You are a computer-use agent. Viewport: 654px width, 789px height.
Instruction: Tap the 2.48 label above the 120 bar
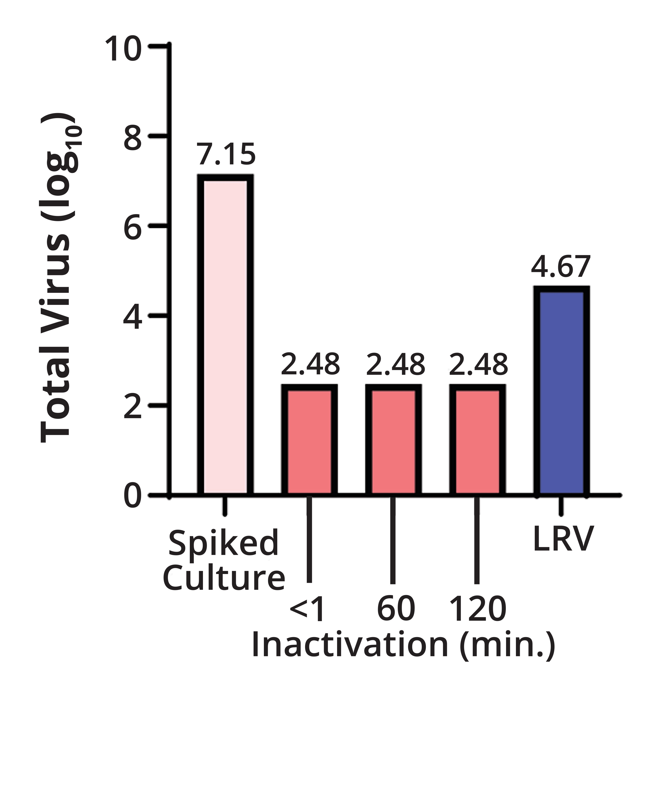(x=478, y=364)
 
